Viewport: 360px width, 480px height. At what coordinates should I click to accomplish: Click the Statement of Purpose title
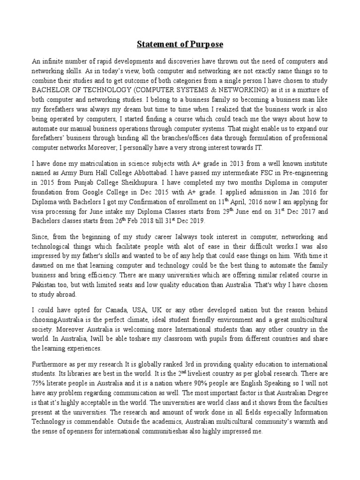(x=180, y=45)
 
